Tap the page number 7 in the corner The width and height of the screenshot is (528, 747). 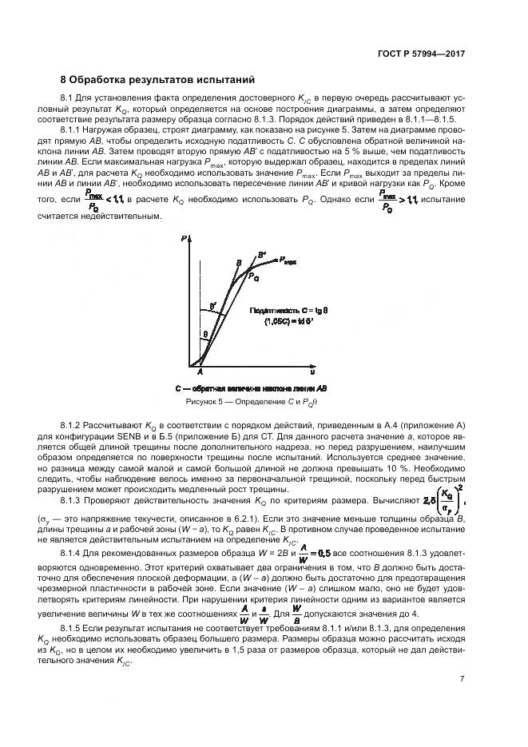[462, 680]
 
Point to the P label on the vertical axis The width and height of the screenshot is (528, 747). [185, 239]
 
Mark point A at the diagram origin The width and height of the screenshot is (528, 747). [200, 372]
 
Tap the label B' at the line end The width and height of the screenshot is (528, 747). [262, 255]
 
